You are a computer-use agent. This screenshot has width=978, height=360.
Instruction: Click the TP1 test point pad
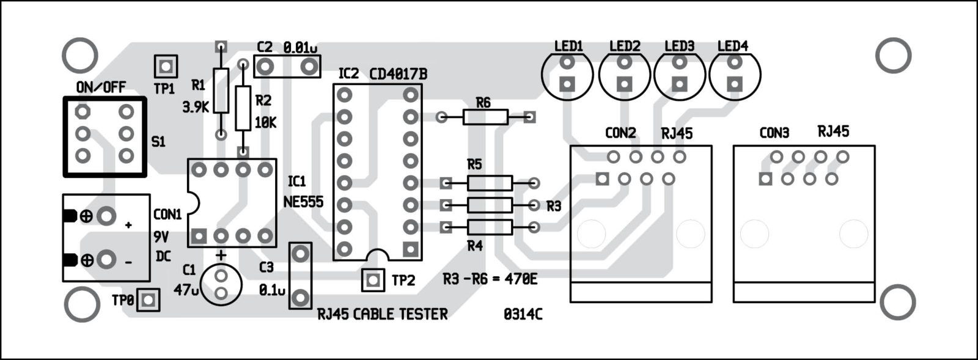[165, 66]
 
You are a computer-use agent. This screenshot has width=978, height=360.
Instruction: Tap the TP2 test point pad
[372, 280]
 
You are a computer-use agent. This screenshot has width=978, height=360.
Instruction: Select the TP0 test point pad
[148, 300]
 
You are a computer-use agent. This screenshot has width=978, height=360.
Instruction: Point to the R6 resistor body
[485, 117]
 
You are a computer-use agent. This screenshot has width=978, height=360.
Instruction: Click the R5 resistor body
[490, 182]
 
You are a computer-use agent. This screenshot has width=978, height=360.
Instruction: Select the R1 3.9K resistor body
[221, 91]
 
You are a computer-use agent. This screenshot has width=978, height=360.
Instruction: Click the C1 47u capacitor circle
[221, 285]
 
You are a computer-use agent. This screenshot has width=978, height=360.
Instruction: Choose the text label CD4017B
[399, 75]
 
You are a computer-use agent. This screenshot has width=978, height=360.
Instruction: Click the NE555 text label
[304, 202]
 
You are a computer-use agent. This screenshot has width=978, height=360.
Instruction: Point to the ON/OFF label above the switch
[101, 87]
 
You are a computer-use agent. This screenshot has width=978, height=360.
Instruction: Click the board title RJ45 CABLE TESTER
[383, 314]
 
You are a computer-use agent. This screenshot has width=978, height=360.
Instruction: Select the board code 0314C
[523, 314]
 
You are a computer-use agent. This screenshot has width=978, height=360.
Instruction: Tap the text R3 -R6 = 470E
[490, 279]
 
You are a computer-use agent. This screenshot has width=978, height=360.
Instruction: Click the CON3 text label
[774, 133]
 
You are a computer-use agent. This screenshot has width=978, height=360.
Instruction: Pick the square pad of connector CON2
[603, 178]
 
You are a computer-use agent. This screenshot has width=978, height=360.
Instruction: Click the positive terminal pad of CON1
[106, 216]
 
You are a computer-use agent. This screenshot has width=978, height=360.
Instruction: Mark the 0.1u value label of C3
[272, 290]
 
